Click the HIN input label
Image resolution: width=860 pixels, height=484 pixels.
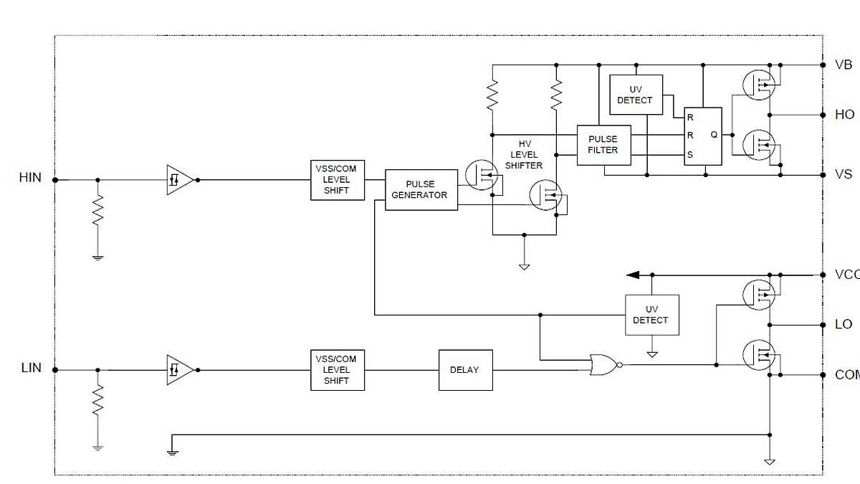click(30, 177)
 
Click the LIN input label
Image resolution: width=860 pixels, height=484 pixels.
click(31, 368)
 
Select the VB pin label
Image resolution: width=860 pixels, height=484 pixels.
click(844, 65)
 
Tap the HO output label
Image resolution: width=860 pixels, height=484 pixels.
click(844, 115)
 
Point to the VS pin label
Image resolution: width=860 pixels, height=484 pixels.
click(844, 175)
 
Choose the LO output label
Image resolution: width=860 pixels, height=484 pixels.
click(844, 325)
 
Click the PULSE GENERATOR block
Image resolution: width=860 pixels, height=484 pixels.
click(421, 190)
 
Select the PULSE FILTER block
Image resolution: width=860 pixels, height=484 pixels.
click(603, 145)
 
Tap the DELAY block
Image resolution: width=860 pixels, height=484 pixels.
click(465, 370)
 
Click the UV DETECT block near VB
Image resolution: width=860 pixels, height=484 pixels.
click(635, 95)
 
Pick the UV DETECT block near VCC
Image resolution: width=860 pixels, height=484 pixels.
click(651, 315)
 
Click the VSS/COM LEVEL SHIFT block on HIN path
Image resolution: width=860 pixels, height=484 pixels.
click(337, 180)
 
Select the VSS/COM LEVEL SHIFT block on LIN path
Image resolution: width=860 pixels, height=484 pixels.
click(337, 370)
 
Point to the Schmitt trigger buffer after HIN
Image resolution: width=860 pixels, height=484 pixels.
click(179, 180)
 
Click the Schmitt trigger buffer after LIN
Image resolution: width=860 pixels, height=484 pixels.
click(179, 370)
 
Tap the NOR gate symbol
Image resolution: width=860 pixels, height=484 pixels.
click(603, 365)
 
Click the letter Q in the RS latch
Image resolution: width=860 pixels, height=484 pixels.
click(713, 134)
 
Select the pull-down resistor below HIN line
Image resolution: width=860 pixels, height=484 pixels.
click(98, 212)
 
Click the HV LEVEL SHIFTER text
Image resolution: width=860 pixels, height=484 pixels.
click(524, 155)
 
